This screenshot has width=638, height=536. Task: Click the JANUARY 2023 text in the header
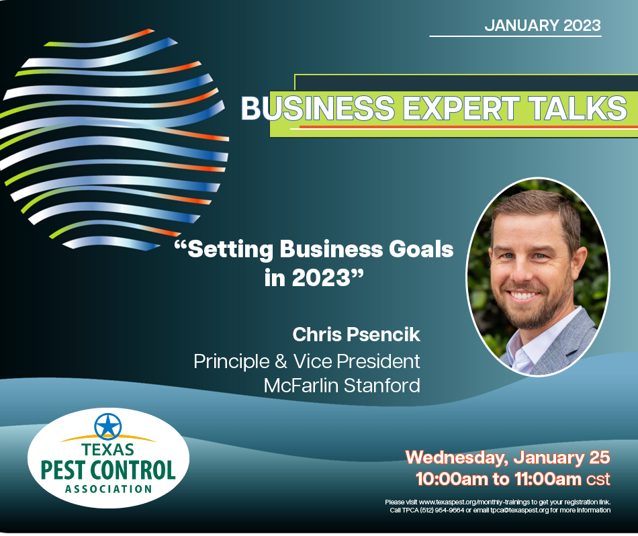click(543, 26)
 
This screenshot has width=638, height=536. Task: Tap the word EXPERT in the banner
click(461, 108)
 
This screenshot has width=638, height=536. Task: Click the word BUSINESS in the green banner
click(318, 108)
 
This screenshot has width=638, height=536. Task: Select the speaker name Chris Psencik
click(356, 334)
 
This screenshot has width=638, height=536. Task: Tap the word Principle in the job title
click(231, 362)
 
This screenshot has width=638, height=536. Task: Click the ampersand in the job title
click(281, 361)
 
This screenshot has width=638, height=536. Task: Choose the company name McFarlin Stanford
click(342, 386)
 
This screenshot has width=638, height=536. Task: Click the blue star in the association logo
click(107, 427)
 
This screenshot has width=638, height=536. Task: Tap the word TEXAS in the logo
click(107, 450)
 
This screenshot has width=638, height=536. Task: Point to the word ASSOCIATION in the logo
click(108, 489)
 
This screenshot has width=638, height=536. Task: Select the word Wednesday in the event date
click(457, 458)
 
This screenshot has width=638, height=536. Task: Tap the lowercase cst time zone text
click(598, 480)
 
